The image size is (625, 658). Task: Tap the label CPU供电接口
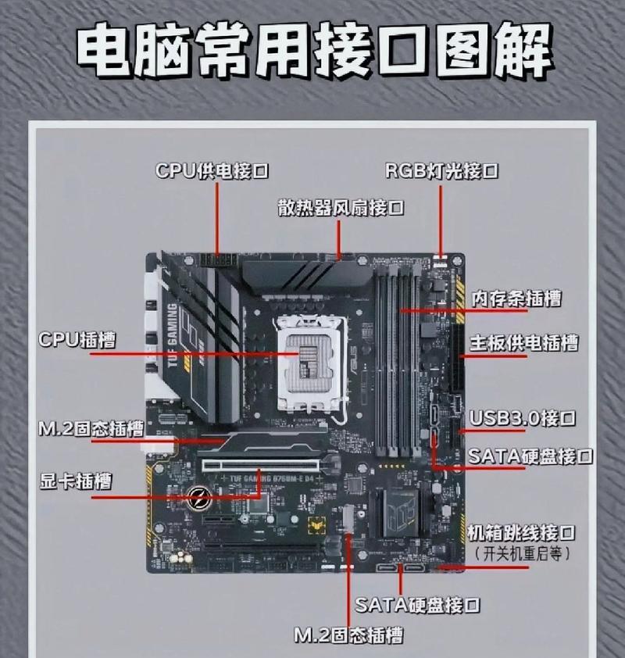point(212,171)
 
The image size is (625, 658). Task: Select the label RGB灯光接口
point(442,171)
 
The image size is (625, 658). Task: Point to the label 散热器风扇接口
point(341,208)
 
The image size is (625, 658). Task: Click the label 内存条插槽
point(516,299)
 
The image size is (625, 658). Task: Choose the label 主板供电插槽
point(524,343)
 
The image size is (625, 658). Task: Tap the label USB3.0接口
point(523,418)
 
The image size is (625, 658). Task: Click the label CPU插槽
point(77,339)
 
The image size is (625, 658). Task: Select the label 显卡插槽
point(76,481)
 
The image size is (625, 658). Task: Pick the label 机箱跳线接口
point(521,533)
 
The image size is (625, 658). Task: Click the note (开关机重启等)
point(523,553)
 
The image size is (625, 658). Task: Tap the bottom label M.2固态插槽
point(348,635)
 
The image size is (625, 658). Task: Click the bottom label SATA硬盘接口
point(418,605)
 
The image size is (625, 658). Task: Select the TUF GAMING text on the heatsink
point(172,335)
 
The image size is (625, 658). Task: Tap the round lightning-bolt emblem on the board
point(199,498)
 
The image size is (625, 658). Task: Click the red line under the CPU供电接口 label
point(217,219)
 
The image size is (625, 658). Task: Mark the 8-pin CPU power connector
point(218,260)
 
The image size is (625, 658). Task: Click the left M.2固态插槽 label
point(91,428)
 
